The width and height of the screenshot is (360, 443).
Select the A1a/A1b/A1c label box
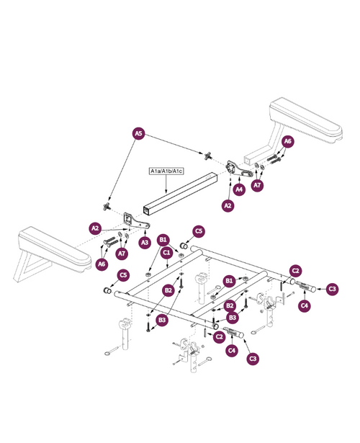(167, 171)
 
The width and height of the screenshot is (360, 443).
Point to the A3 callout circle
(144, 243)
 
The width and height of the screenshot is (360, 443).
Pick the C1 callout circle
(167, 253)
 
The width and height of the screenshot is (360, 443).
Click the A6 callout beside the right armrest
(287, 142)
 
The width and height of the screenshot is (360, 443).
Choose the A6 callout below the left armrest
(102, 264)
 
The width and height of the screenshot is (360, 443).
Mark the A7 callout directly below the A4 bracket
(258, 185)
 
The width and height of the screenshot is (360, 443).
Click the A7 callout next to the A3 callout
(122, 254)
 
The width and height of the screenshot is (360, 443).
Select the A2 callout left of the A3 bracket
(95, 228)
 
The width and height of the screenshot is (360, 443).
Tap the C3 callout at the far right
(332, 289)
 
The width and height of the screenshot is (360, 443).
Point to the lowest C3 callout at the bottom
(252, 358)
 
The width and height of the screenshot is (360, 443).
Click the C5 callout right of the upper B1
(199, 231)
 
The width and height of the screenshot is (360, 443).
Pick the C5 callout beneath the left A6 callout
(123, 274)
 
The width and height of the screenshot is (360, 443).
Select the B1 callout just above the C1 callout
(163, 239)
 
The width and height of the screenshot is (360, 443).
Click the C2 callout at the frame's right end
(295, 271)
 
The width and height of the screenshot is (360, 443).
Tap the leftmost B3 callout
(162, 319)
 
